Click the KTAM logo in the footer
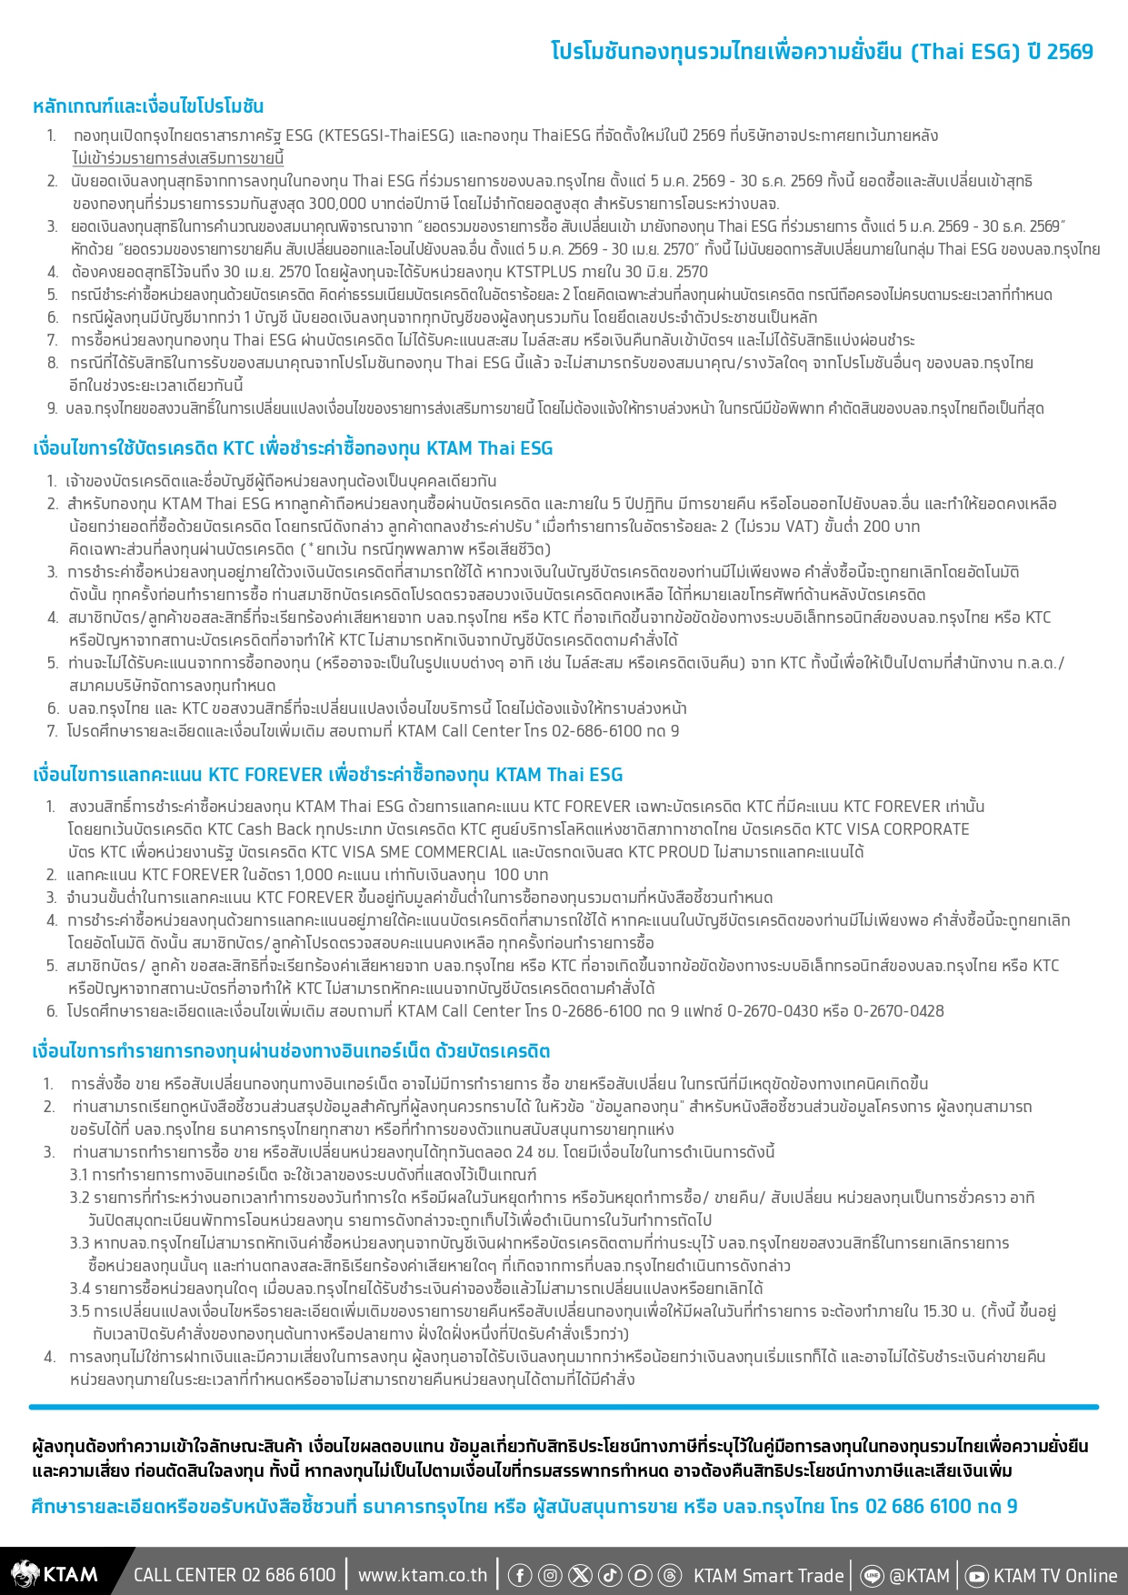[55, 1574]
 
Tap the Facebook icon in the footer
[520, 1575]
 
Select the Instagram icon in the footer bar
[550, 1575]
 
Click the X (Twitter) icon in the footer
[580, 1575]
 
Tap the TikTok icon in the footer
[610, 1575]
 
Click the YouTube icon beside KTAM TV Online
[977, 1576]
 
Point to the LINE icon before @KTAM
[872, 1576]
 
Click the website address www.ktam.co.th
[423, 1575]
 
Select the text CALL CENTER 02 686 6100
[235, 1575]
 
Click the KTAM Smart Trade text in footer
[768, 1575]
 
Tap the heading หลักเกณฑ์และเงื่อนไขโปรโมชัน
[148, 106]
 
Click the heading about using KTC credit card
[293, 448]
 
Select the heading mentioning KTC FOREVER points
[327, 775]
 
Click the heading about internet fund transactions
[291, 1051]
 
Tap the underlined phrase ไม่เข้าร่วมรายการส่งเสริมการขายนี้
[178, 158]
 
